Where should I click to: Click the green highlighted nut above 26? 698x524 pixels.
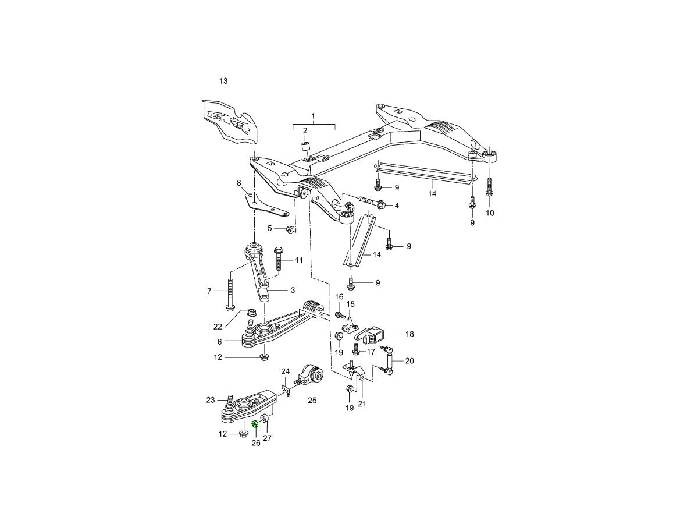pyautogui.click(x=255, y=424)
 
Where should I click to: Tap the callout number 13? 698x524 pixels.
pyautogui.click(x=223, y=81)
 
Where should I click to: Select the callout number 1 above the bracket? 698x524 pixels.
pyautogui.click(x=313, y=116)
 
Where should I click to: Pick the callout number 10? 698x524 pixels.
pyautogui.click(x=489, y=213)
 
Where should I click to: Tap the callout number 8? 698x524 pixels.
pyautogui.click(x=238, y=183)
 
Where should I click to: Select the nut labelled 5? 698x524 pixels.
pyautogui.click(x=289, y=228)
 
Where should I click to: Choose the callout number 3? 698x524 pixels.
pyautogui.click(x=293, y=290)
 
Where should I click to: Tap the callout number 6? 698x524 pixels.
pyautogui.click(x=219, y=342)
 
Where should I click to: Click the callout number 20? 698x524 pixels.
pyautogui.click(x=409, y=361)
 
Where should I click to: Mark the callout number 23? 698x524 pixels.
pyautogui.click(x=211, y=399)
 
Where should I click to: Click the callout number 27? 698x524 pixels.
pyautogui.click(x=268, y=438)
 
